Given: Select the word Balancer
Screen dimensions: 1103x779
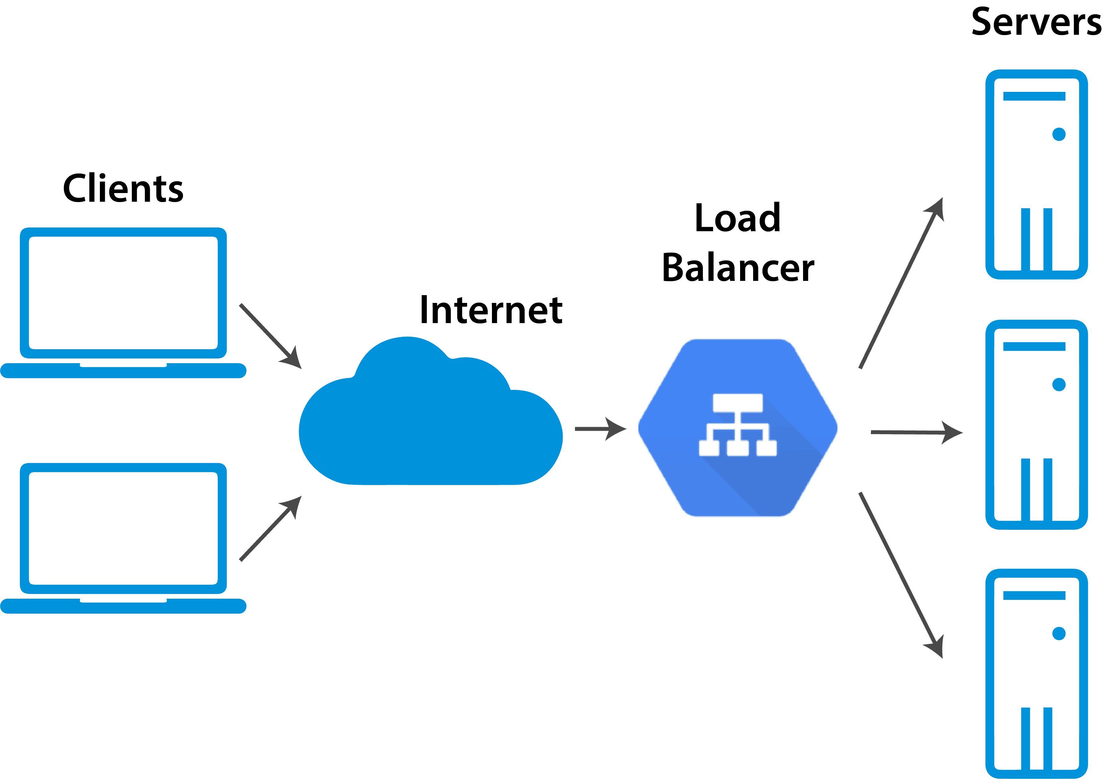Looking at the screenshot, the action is point(738,267).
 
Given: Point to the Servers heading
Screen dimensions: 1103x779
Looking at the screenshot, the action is point(1036,22).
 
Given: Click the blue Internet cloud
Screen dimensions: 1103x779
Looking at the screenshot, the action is point(431,411).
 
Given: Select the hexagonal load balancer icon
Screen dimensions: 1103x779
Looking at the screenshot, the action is point(738,428).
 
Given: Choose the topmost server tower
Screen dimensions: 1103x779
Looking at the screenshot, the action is point(1037,174).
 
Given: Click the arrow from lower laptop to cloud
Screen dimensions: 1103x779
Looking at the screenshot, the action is point(270,529).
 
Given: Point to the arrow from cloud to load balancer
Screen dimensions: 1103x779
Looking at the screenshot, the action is point(601,429).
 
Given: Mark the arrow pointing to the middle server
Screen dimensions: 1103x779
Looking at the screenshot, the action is point(917,433).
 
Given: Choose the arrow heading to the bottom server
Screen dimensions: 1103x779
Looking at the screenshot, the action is point(901,575).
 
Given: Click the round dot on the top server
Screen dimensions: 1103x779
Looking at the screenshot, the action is point(1059,134).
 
